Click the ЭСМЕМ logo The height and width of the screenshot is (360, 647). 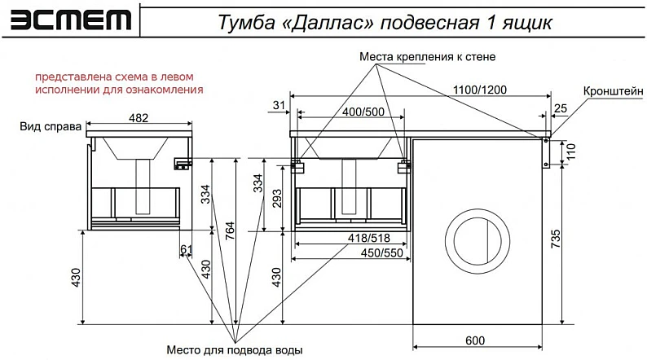click(x=71, y=20)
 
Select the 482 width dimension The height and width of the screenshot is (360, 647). click(x=139, y=118)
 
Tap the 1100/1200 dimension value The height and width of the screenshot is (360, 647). click(x=479, y=90)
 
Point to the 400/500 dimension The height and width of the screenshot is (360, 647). click(x=363, y=112)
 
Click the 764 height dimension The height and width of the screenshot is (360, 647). click(x=230, y=231)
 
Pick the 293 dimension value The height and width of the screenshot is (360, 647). click(x=277, y=199)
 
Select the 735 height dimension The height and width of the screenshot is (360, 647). click(x=556, y=239)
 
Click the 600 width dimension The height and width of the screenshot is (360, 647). click(x=475, y=340)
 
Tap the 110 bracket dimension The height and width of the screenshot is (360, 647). click(x=570, y=151)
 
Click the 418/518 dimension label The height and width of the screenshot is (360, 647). click(x=369, y=238)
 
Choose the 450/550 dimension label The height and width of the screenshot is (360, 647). click(x=381, y=252)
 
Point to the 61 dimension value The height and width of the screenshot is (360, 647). click(x=187, y=249)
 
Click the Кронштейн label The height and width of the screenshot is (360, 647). click(x=613, y=91)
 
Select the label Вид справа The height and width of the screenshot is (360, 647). click(x=51, y=126)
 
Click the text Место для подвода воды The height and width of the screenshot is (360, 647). click(x=235, y=350)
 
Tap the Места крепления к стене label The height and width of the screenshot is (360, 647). click(x=428, y=56)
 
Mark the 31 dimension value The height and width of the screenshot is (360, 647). click(x=279, y=105)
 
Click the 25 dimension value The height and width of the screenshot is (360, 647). click(x=561, y=108)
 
